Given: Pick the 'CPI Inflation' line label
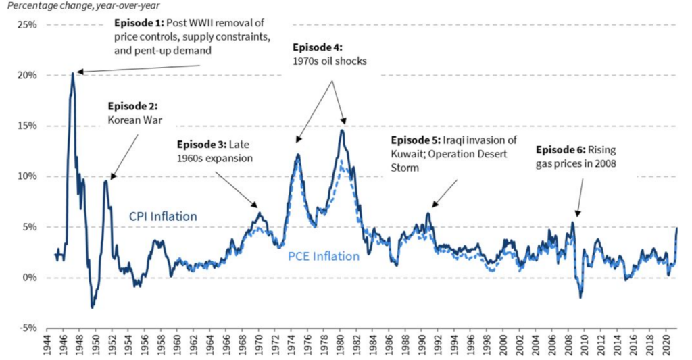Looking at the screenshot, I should (x=164, y=217).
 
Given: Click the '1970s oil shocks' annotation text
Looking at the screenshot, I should (x=330, y=61).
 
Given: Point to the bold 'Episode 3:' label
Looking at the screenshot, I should (x=201, y=145).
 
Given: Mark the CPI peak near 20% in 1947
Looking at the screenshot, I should (x=73, y=73).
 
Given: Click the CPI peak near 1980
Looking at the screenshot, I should (x=343, y=130).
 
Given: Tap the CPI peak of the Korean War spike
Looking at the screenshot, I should (x=106, y=180).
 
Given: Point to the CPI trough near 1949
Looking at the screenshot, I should (x=93, y=307).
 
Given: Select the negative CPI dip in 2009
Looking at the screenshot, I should (x=580, y=297).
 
